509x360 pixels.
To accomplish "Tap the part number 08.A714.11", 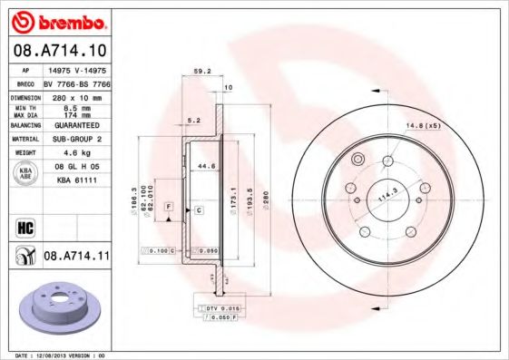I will (x=76, y=257).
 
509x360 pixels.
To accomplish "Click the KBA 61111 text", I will (x=76, y=180).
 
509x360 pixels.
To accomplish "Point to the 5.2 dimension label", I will (x=192, y=119).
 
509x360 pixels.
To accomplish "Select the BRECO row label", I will (x=26, y=83).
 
